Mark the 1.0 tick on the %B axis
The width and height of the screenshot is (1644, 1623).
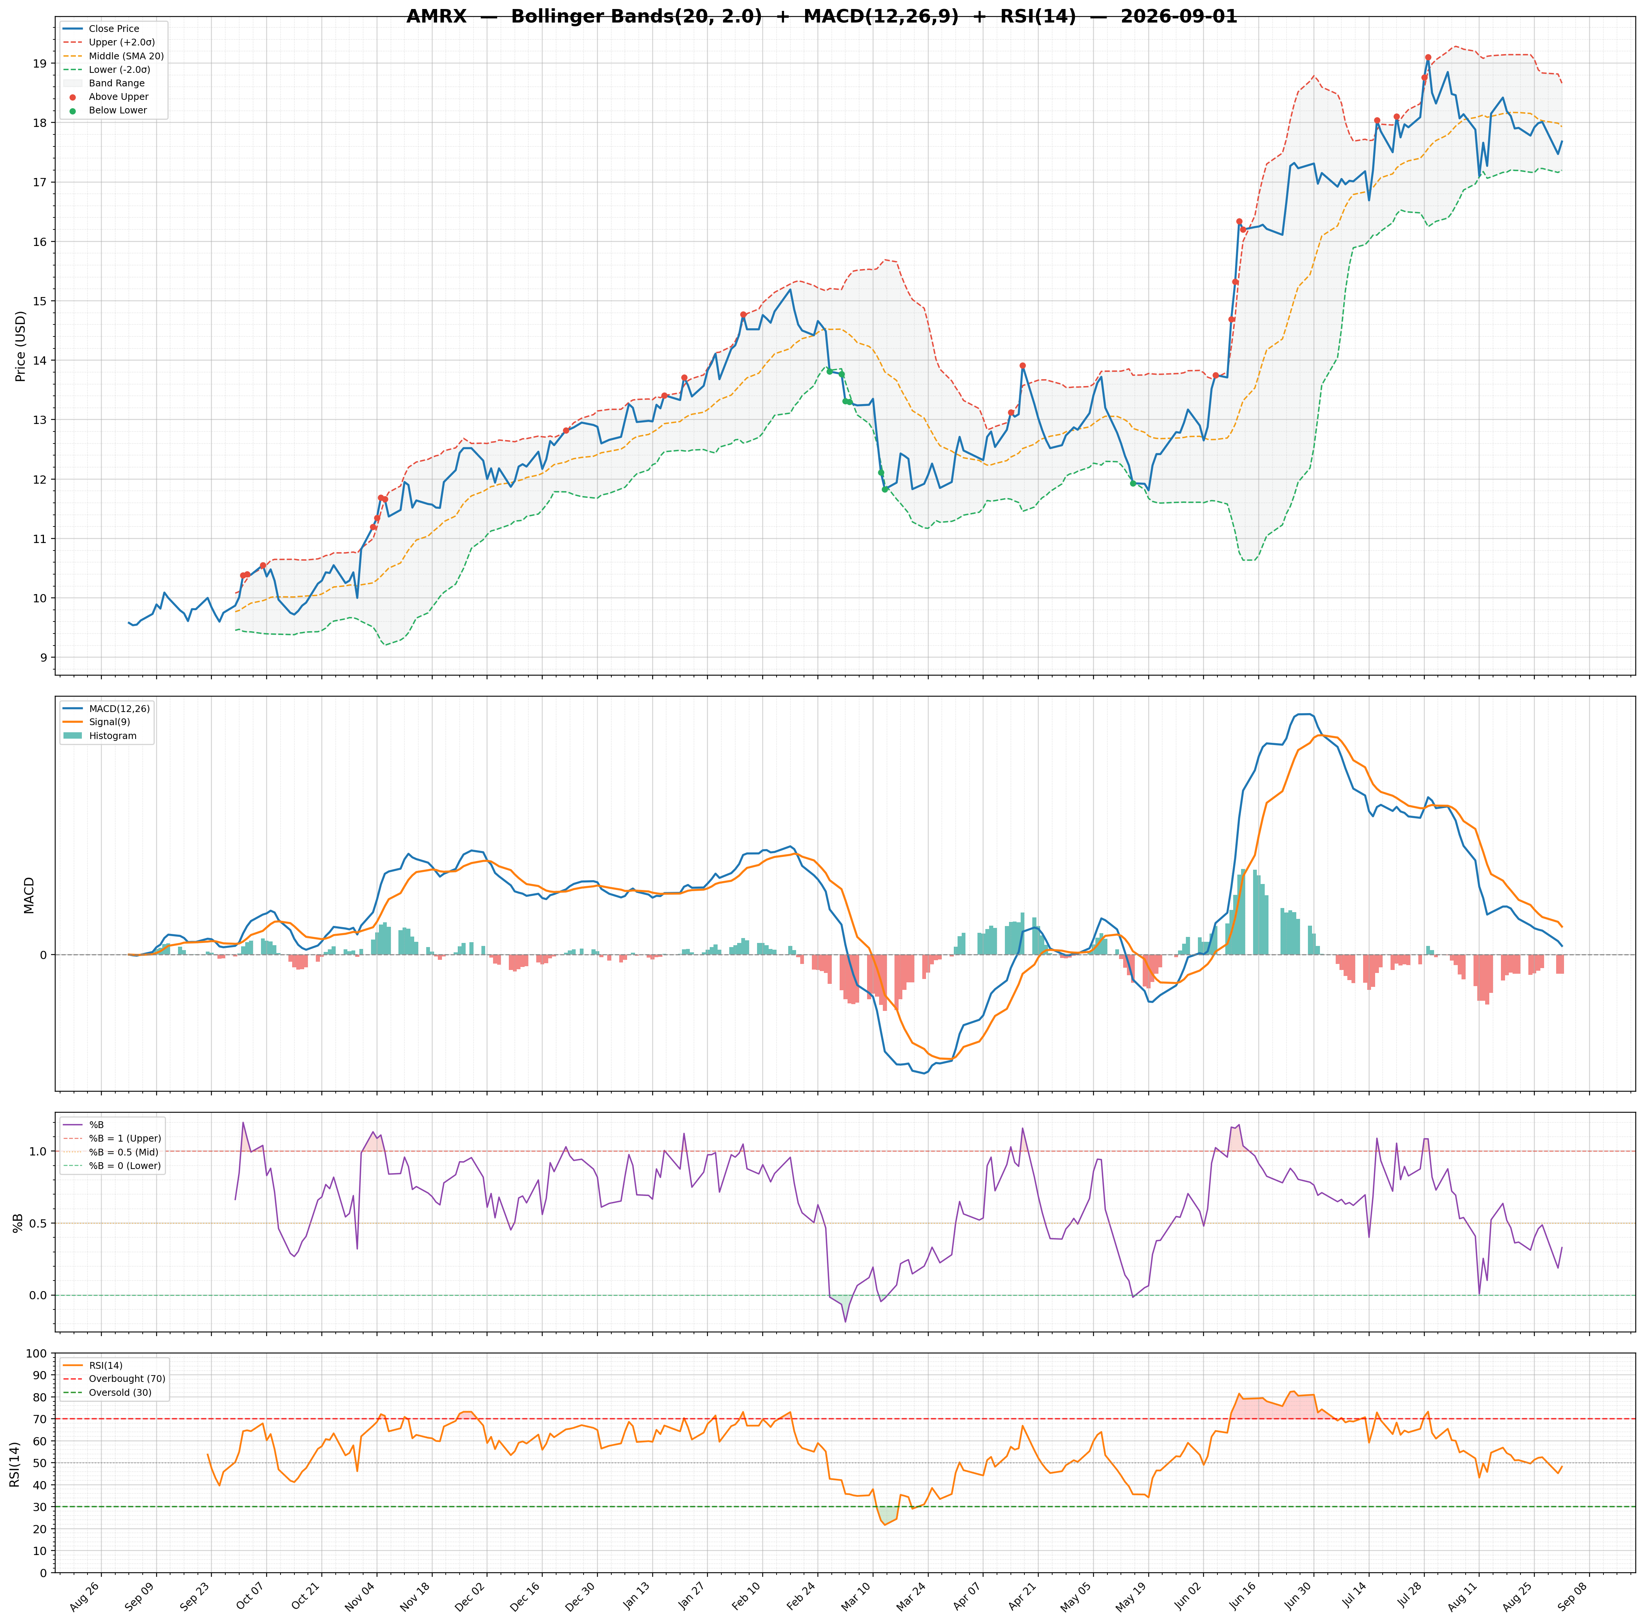[x=38, y=1151]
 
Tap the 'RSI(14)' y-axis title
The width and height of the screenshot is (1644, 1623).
[x=15, y=1464]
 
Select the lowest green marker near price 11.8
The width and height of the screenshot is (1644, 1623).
[x=885, y=489]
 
